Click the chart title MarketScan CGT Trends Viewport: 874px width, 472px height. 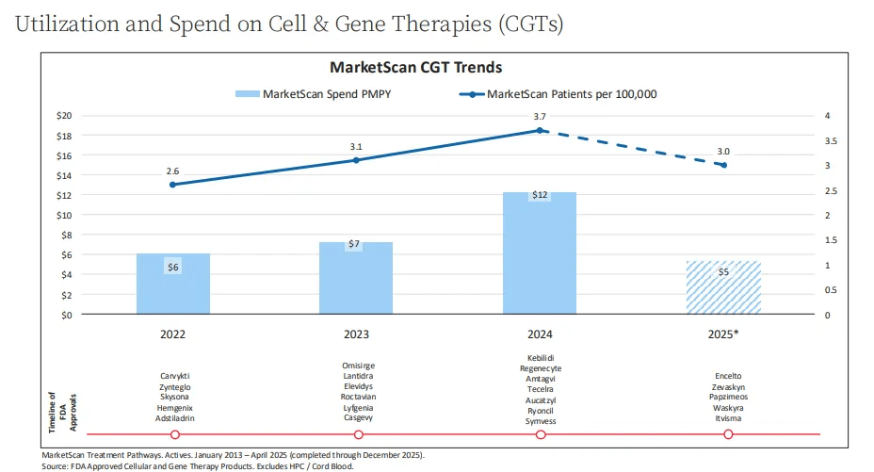(415, 68)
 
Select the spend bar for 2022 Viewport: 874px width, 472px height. (173, 284)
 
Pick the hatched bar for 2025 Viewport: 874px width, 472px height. (723, 287)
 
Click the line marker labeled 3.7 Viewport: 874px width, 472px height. (540, 130)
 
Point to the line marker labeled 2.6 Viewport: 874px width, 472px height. (173, 185)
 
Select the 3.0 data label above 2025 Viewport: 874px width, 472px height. (723, 151)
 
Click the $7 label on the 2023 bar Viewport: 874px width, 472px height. (354, 244)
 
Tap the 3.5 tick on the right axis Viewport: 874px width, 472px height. (833, 141)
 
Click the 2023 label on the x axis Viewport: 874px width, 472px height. (356, 334)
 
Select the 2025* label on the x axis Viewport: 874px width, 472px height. (723, 334)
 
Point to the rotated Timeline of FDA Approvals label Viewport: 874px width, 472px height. (63, 412)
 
